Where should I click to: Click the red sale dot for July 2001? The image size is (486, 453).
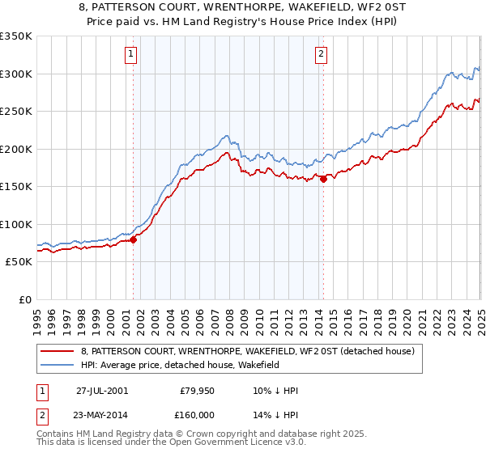point(134,239)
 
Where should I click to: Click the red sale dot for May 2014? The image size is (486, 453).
point(323,180)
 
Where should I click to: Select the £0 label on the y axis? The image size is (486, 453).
point(23,299)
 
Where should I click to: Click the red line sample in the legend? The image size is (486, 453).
point(57,351)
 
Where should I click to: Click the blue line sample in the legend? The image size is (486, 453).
point(57,366)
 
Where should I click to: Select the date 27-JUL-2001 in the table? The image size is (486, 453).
point(101,391)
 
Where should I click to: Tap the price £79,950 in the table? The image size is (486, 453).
point(198,391)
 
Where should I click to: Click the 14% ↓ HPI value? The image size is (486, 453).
point(275,414)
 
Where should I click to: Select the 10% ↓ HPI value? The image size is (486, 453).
point(275,391)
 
